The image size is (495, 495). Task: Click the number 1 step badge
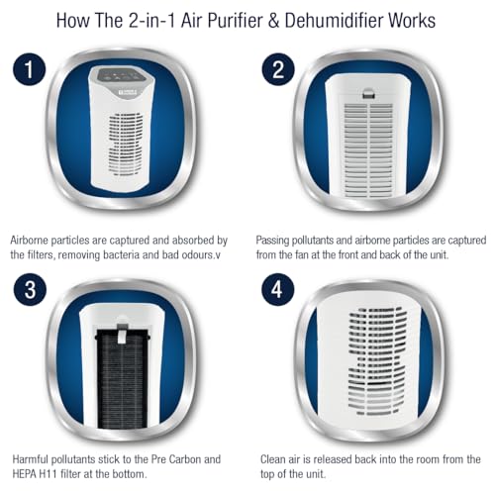(30, 69)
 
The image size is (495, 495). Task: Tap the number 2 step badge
(278, 69)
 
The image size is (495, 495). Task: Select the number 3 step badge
(30, 289)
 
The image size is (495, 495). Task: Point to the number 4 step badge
(278, 289)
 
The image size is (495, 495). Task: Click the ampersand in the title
(273, 21)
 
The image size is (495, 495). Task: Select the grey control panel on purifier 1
(121, 74)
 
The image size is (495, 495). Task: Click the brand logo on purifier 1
(128, 92)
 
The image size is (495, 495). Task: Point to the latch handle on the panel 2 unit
(368, 93)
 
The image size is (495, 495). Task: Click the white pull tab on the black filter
(122, 334)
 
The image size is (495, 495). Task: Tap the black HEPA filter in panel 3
(122, 379)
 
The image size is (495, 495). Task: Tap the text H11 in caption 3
(48, 474)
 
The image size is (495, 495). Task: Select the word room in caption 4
(429, 459)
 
